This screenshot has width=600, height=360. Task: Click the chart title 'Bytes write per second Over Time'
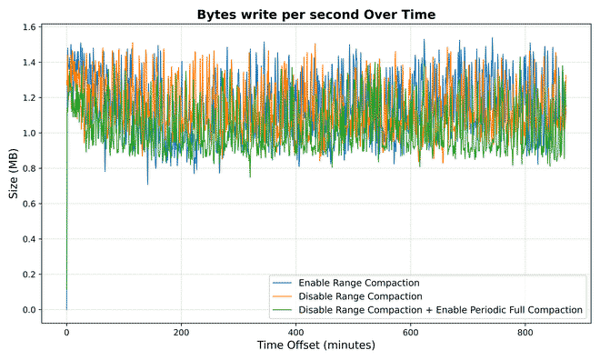pos(317,14)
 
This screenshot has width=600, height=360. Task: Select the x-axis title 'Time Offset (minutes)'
pos(317,346)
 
